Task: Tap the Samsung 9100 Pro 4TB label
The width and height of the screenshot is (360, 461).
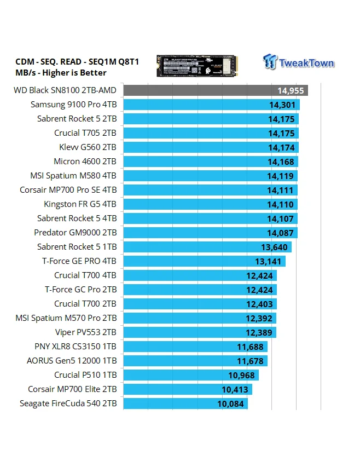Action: click(x=73, y=105)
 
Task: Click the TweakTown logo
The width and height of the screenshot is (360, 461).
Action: click(x=298, y=62)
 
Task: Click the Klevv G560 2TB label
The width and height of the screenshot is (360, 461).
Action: click(x=88, y=147)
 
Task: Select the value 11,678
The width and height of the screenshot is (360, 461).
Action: click(x=251, y=361)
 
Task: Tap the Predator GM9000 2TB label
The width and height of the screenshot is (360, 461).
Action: click(x=75, y=232)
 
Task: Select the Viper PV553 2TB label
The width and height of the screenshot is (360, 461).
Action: click(x=86, y=332)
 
